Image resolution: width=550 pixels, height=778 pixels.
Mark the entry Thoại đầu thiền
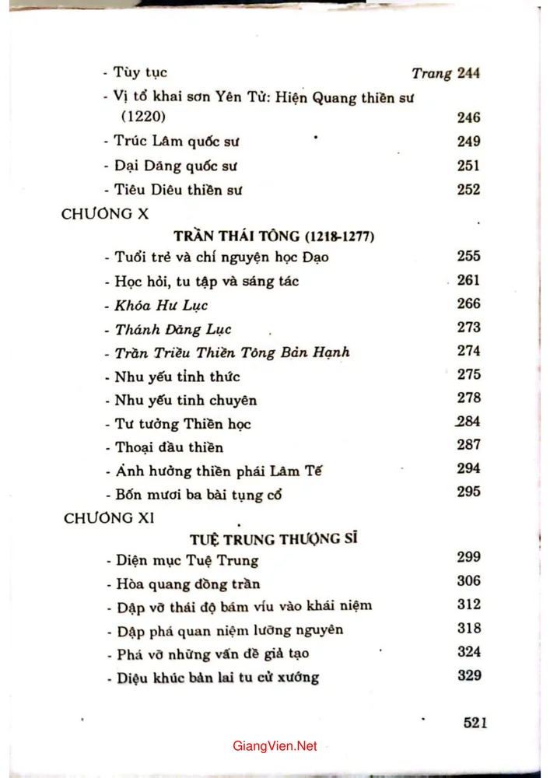pos(158,447)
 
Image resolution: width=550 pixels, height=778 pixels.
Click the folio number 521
pos(475,722)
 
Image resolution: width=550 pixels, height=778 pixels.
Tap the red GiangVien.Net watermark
pos(275,745)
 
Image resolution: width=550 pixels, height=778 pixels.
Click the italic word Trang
pos(431,73)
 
